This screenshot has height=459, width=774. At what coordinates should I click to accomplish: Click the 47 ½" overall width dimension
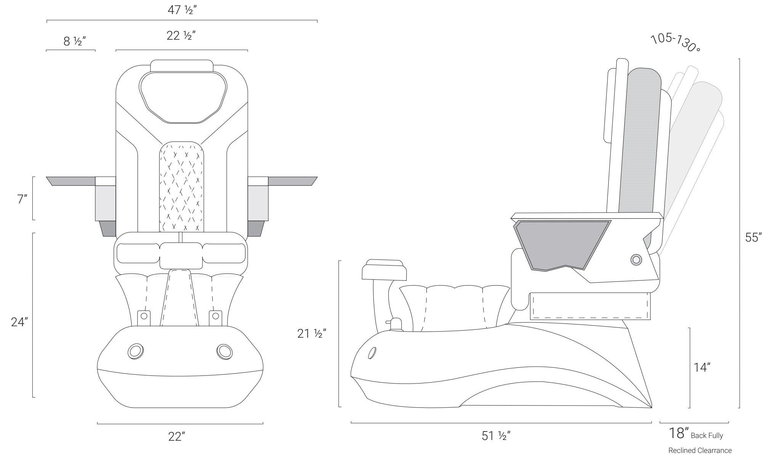182,10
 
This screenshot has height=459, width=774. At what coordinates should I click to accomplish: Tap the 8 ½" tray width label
74,41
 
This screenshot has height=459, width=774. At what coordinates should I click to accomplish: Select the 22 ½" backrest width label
181,35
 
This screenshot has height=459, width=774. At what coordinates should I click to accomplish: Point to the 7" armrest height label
22,199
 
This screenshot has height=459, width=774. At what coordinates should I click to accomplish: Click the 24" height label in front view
19,322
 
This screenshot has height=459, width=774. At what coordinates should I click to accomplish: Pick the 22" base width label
177,436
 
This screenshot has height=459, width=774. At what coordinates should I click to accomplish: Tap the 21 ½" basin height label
311,333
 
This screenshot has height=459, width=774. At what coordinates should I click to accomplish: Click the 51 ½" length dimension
496,435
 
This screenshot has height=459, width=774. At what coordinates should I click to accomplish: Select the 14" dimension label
701,367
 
